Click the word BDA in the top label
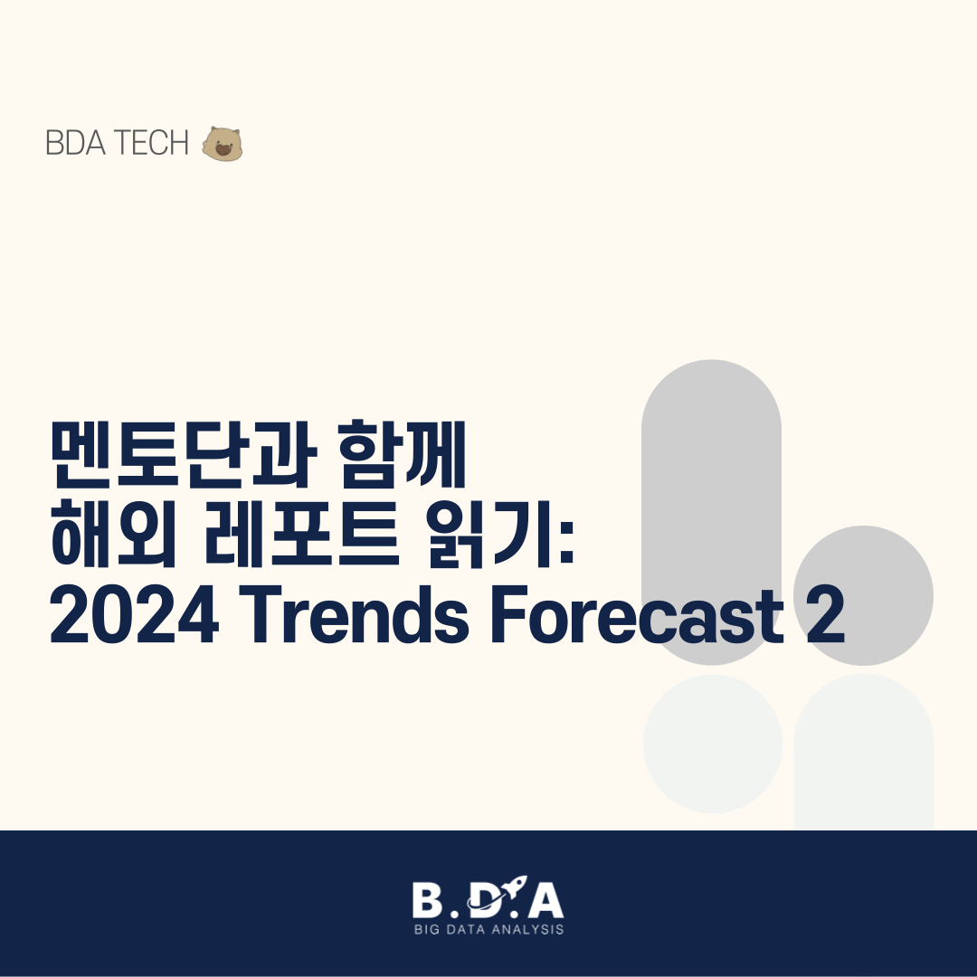(75, 143)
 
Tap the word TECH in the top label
(151, 143)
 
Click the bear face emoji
(222, 144)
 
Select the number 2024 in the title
(135, 614)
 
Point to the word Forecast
(637, 613)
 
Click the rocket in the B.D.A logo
(512, 887)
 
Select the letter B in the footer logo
(427, 899)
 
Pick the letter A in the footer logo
(545, 899)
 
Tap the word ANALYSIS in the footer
(527, 930)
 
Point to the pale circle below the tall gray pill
(712, 744)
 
